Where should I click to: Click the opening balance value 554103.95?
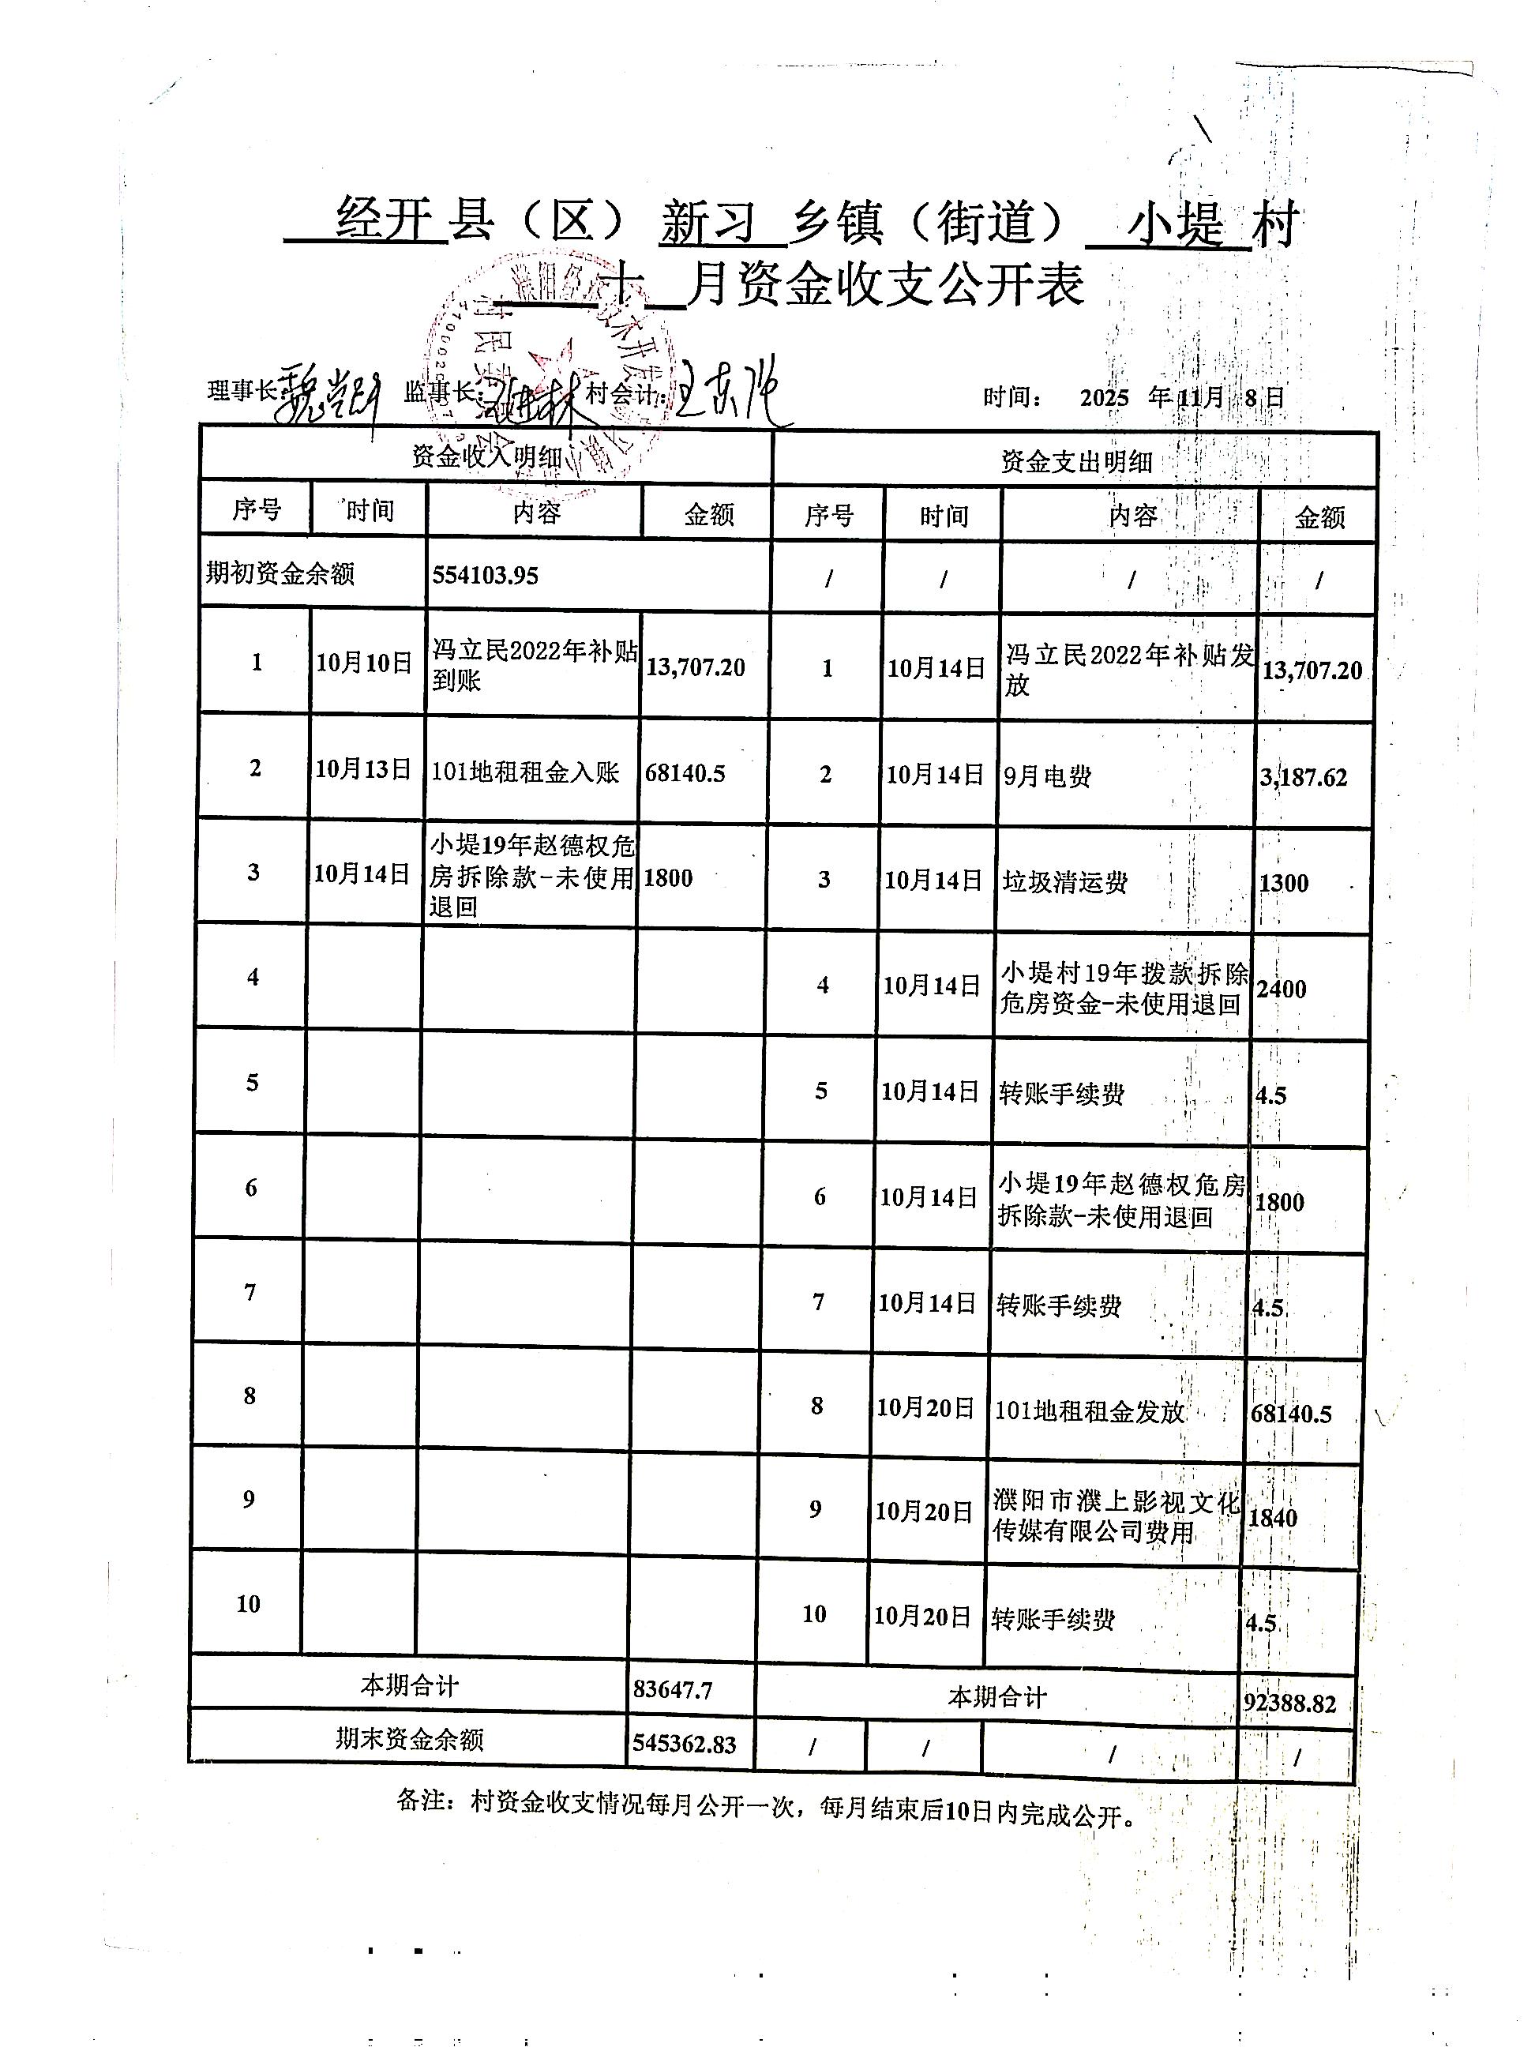pyautogui.click(x=485, y=575)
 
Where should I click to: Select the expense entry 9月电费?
pyautogui.click(x=1047, y=776)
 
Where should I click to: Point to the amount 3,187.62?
pyautogui.click(x=1303, y=777)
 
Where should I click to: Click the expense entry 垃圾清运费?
pyautogui.click(x=1065, y=882)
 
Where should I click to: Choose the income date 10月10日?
pyautogui.click(x=364, y=663)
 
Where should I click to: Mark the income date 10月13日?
pyautogui.click(x=362, y=769)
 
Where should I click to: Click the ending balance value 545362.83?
pyautogui.click(x=684, y=1745)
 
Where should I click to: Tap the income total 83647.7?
pyautogui.click(x=673, y=1690)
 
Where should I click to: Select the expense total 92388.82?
pyautogui.click(x=1289, y=1703)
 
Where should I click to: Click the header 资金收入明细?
pyautogui.click(x=486, y=456)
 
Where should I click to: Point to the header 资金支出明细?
pyautogui.click(x=1075, y=461)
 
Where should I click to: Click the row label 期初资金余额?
pyautogui.click(x=280, y=574)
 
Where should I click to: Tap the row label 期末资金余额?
pyautogui.click(x=409, y=1739)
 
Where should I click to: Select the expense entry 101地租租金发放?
pyautogui.click(x=1089, y=1411)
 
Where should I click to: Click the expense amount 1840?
pyautogui.click(x=1272, y=1518)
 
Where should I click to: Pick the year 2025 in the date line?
pyautogui.click(x=1104, y=398)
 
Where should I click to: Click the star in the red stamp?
pyautogui.click(x=553, y=362)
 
